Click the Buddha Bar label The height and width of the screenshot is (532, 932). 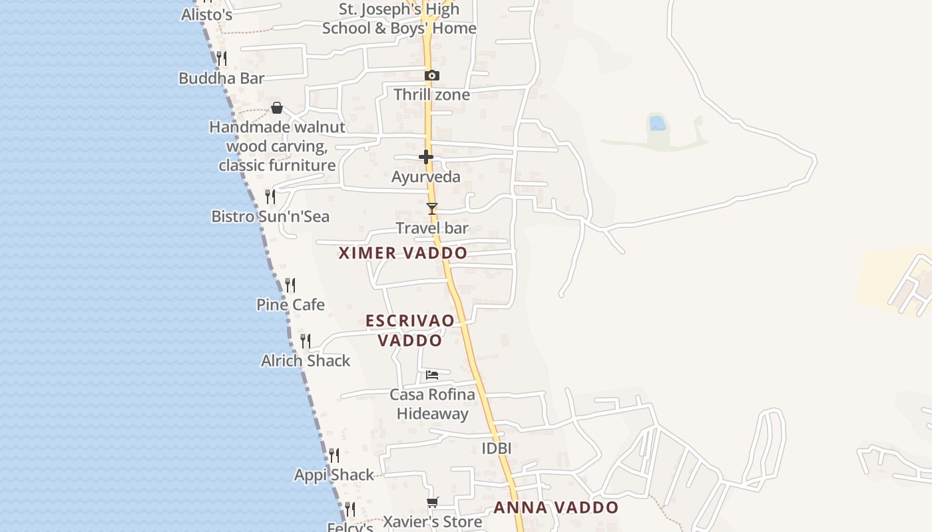point(222,78)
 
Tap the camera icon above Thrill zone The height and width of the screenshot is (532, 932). point(431,75)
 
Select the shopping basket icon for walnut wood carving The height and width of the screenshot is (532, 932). point(277,108)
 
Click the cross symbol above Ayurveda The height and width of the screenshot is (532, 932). point(426,157)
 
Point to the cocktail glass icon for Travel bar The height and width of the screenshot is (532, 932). point(432,209)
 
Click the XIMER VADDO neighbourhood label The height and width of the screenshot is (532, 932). point(403,253)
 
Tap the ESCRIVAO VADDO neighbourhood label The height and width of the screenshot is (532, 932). point(410,331)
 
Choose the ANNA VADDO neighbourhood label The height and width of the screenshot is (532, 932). point(556,508)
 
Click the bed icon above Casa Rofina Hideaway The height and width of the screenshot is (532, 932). point(432,375)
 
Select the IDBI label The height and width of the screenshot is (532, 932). point(497,448)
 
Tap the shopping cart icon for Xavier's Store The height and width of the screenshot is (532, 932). point(433,503)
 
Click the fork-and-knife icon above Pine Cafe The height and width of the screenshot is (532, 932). point(290,285)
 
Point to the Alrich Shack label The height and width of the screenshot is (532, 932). point(306,361)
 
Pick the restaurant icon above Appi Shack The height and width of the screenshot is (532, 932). point(334,456)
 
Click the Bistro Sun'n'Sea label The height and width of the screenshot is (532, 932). point(270,217)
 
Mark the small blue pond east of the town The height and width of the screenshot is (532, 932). point(657,123)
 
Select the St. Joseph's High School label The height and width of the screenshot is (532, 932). point(399,19)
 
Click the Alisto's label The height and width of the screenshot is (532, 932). point(206,15)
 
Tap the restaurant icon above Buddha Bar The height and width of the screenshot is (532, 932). point(222,59)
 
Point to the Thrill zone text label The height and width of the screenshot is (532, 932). point(431,95)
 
